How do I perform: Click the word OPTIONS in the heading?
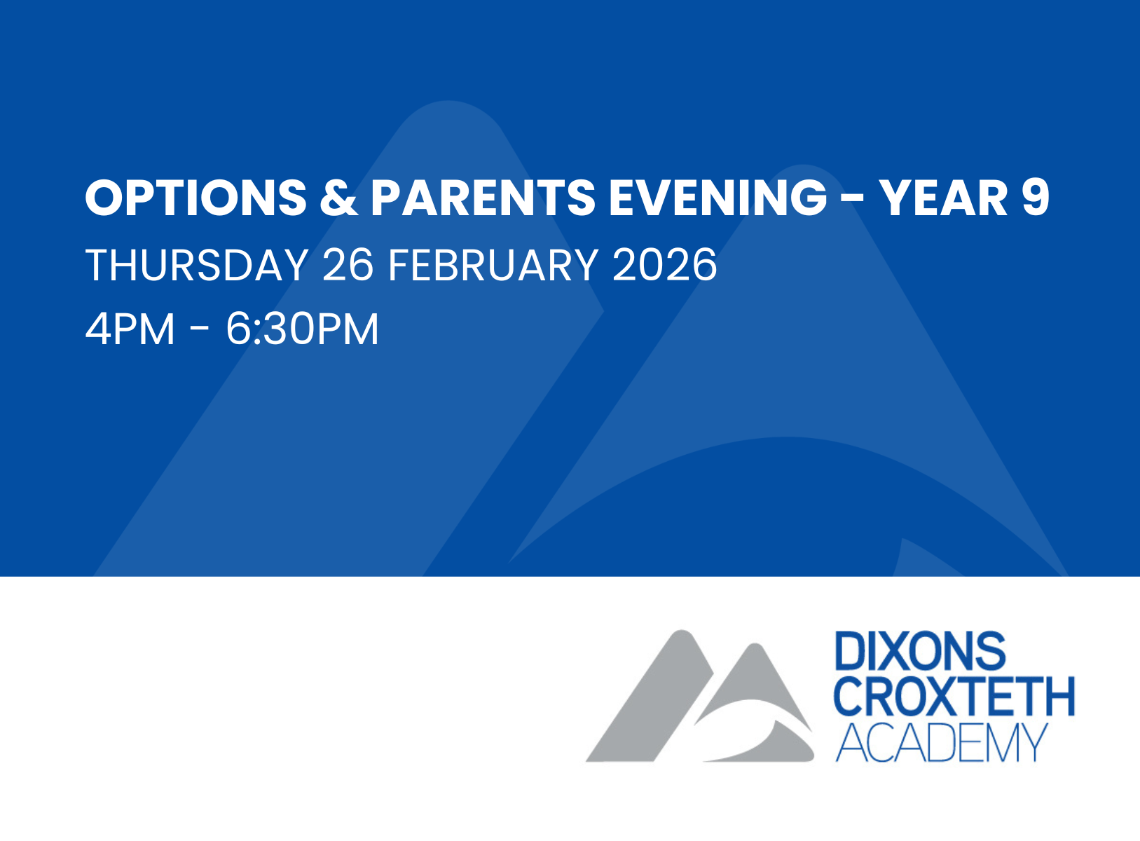(196, 198)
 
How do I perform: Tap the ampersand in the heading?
(338, 198)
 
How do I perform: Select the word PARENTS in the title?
(483, 198)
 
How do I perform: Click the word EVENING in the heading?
(717, 198)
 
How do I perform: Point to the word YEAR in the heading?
(944, 198)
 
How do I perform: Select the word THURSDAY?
(196, 265)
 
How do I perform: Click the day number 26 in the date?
(348, 265)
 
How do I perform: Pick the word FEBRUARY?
(493, 265)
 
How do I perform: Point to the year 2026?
(665, 265)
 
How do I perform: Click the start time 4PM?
(130, 329)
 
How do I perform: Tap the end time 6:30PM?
(302, 329)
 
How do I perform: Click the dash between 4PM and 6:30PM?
(200, 329)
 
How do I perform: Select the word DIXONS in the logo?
(921, 650)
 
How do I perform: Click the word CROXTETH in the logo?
(954, 697)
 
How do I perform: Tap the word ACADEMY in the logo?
(942, 743)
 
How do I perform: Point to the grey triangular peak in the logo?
(756, 672)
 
